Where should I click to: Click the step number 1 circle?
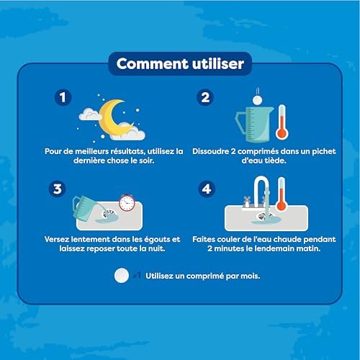pyautogui.click(x=63, y=97)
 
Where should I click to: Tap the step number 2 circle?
pyautogui.click(x=205, y=97)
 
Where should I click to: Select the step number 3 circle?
pyautogui.click(x=57, y=189)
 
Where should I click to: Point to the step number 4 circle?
pyautogui.click(x=207, y=189)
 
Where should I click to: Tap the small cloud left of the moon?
pyautogui.click(x=89, y=114)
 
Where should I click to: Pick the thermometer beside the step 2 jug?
pyautogui.click(x=282, y=122)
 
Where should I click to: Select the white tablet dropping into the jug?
pyautogui.click(x=257, y=100)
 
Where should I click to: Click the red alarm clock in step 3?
pyautogui.click(x=127, y=203)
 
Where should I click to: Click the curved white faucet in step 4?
pyautogui.click(x=261, y=192)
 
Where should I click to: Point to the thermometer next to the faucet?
pyautogui.click(x=282, y=194)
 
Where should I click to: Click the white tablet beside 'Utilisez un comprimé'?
pyautogui.click(x=122, y=276)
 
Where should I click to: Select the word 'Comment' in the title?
pyautogui.click(x=152, y=64)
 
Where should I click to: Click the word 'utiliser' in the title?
pyautogui.click(x=218, y=64)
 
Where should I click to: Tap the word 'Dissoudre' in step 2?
pyautogui.click(x=210, y=151)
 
